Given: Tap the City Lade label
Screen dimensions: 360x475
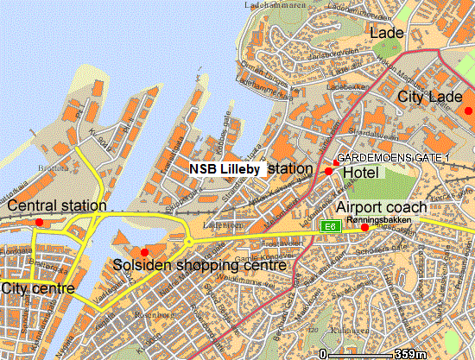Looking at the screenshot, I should (430, 98).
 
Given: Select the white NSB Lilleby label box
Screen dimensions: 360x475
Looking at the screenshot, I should (226, 169).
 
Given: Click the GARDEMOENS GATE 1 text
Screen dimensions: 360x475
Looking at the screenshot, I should (392, 158).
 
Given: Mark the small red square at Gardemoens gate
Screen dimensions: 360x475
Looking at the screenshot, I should (336, 162).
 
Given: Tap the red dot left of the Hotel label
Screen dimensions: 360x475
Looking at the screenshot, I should (328, 172).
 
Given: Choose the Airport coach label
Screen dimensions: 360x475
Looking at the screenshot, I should (381, 207).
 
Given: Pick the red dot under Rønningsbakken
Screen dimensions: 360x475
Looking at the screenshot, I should (364, 227).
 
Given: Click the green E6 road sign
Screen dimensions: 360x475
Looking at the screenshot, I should (328, 225).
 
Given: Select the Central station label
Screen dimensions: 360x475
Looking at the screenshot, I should (57, 205).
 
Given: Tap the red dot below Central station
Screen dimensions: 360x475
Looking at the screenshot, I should (38, 223).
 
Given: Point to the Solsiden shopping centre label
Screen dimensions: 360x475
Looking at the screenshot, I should (199, 267).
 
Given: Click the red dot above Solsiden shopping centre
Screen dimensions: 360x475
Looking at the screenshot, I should (144, 252).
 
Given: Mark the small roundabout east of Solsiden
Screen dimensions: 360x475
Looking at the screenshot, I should (188, 243).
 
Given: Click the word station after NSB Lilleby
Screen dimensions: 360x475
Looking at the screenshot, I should (290, 169).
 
